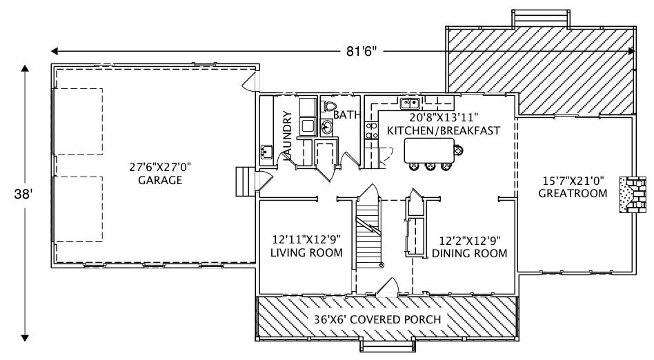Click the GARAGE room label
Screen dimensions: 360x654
pyautogui.click(x=159, y=181)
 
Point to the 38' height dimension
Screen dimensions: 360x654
pyautogui.click(x=23, y=195)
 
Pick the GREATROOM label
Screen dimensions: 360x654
pyautogui.click(x=573, y=194)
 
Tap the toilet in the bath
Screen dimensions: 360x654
pyautogui.click(x=328, y=107)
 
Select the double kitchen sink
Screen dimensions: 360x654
pyautogui.click(x=410, y=104)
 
